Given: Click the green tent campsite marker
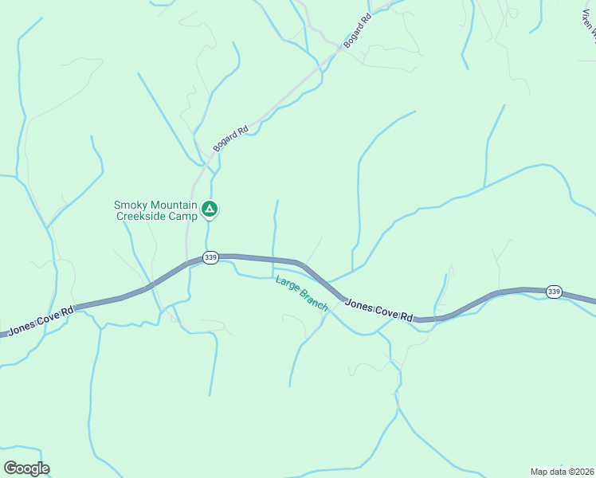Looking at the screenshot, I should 210,210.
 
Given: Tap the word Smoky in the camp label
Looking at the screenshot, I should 131,205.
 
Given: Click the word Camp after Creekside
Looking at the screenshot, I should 182,216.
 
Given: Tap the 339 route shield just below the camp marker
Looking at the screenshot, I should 210,257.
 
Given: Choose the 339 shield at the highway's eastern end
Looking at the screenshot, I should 554,292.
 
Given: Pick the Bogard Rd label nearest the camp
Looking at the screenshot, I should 231,139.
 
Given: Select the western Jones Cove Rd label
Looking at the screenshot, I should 41,320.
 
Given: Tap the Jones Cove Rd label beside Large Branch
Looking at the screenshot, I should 379,311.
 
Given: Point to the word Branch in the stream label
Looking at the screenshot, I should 313,300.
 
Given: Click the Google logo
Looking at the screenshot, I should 26,468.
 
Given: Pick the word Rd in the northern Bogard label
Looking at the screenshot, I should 367,17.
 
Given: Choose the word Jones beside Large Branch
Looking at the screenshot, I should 359,305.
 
